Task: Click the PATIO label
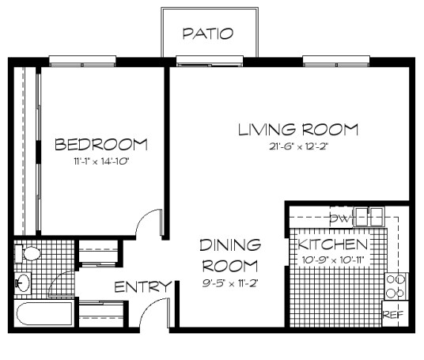[209, 33]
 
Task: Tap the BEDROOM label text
[100, 145]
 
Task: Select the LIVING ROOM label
[298, 129]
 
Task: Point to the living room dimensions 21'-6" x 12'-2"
[298, 147]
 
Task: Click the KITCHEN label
[334, 244]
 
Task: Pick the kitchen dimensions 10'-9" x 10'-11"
[332, 260]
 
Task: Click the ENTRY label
[142, 286]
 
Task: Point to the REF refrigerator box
[393, 314]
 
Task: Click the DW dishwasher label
[340, 218]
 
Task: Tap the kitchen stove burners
[395, 286]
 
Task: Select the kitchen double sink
[369, 214]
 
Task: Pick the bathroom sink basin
[23, 282]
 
